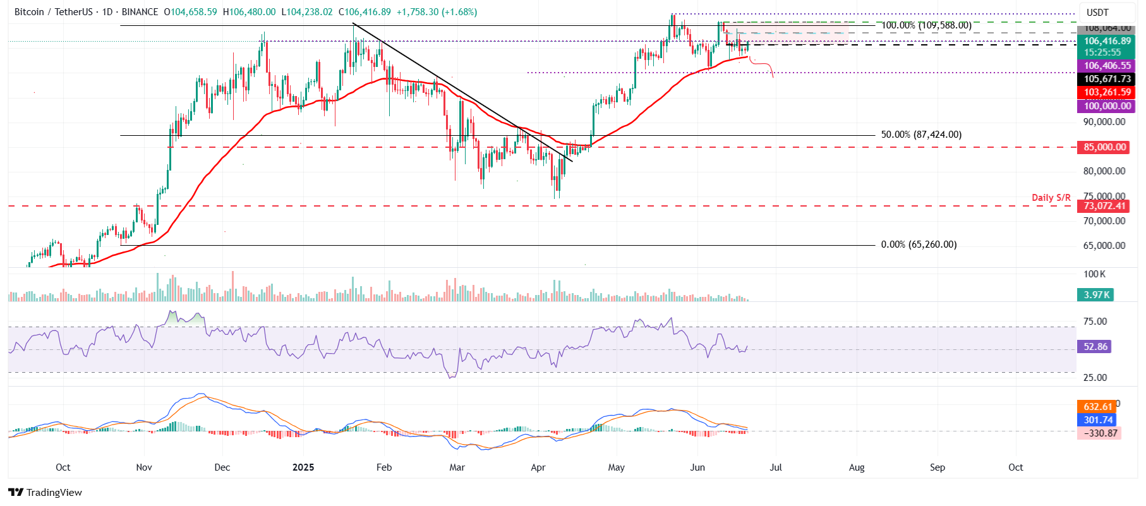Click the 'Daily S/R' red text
1051,198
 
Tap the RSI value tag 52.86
1095,347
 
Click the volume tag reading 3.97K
1095,295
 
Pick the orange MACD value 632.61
1097,407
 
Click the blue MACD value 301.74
1097,420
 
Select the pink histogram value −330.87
1100,433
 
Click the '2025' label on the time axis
303,467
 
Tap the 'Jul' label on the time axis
776,467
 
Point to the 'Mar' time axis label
457,467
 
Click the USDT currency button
1097,12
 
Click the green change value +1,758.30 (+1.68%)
437,12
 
